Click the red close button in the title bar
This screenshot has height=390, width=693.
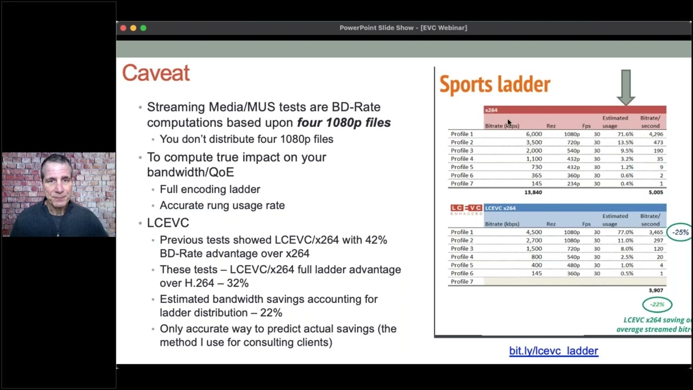[x=123, y=28]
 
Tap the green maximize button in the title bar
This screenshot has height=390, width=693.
[x=143, y=28]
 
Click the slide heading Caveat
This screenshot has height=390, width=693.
[x=156, y=73]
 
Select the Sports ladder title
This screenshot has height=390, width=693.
[x=494, y=84]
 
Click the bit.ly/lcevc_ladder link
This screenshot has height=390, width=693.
[x=553, y=351]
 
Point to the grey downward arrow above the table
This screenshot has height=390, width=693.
[x=626, y=87]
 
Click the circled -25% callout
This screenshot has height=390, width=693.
[x=680, y=232]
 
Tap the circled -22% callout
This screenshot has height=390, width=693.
[x=657, y=304]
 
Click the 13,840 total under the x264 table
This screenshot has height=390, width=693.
[x=533, y=192]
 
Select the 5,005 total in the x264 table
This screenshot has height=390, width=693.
[x=655, y=192]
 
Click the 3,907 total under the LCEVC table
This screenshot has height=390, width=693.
[x=655, y=290]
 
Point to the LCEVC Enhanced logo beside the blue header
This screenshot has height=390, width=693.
[x=466, y=210]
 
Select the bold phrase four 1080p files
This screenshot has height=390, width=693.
[x=344, y=122]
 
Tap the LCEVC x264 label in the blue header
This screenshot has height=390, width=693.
[x=500, y=208]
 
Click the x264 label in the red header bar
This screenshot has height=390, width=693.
[x=491, y=110]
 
